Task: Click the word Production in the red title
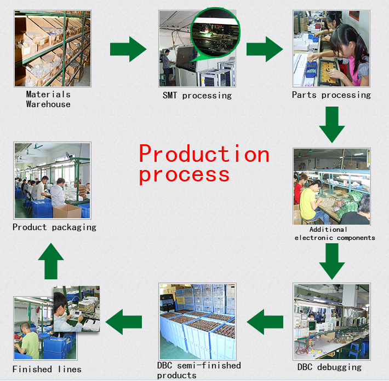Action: tap(204, 154)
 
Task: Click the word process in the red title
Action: tap(184, 175)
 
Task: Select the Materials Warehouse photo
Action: tap(53, 49)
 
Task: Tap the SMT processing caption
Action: tap(197, 96)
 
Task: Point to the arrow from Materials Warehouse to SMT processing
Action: tap(128, 49)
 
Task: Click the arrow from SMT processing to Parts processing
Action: tap(265, 49)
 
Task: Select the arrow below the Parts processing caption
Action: tap(332, 125)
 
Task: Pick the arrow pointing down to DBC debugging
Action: tap(332, 261)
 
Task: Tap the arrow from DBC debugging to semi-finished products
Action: tap(265, 322)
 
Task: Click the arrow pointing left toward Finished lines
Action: tap(124, 322)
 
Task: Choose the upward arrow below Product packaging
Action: tap(51, 261)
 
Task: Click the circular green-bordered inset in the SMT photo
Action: tap(215, 33)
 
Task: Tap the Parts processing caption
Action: tap(331, 95)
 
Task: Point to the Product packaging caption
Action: tap(54, 227)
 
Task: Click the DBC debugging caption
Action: tap(329, 367)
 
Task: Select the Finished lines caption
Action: tap(47, 369)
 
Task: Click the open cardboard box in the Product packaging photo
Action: tap(67, 211)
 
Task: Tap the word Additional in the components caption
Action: tap(328, 230)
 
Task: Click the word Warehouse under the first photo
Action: tap(48, 104)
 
